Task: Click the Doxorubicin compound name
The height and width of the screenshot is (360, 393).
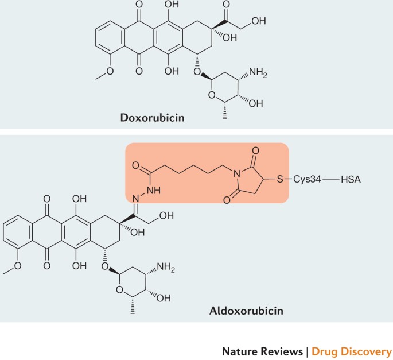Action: pyautogui.click(x=153, y=117)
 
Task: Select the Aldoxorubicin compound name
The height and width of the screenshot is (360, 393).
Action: pyautogui.click(x=246, y=311)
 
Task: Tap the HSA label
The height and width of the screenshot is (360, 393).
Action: pyautogui.click(x=351, y=179)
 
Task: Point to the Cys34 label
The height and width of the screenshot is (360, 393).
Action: pyautogui.click(x=307, y=179)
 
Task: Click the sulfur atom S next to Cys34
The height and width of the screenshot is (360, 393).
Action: pyautogui.click(x=280, y=179)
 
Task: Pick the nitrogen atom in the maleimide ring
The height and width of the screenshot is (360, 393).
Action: pyautogui.click(x=236, y=173)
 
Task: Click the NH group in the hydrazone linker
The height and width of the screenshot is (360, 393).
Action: pyautogui.click(x=154, y=191)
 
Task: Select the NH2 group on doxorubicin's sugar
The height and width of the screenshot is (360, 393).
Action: pyautogui.click(x=258, y=73)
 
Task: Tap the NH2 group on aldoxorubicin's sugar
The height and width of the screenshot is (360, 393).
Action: pyautogui.click(x=165, y=267)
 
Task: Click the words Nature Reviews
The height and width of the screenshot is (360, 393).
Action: pyautogui.click(x=262, y=351)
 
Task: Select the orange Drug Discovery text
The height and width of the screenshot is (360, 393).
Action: pyautogui.click(x=352, y=352)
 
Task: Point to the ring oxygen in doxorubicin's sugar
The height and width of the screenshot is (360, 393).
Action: pyautogui.click(x=212, y=95)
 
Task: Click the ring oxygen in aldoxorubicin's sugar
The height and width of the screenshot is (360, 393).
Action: pyautogui.click(x=119, y=290)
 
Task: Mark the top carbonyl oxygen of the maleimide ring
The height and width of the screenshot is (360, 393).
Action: pyautogui.click(x=255, y=151)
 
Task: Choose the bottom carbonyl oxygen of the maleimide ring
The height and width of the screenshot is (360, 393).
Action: pyautogui.click(x=227, y=200)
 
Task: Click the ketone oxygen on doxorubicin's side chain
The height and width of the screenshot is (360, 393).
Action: pyautogui.click(x=226, y=4)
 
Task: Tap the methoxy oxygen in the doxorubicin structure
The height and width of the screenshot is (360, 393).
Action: pyautogui.click(x=110, y=71)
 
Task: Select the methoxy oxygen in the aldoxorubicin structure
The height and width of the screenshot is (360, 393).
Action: pyautogui.click(x=18, y=266)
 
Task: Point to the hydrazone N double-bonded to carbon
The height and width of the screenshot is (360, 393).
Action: pyautogui.click(x=135, y=199)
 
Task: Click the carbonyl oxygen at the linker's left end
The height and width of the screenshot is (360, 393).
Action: pyautogui.click(x=135, y=165)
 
